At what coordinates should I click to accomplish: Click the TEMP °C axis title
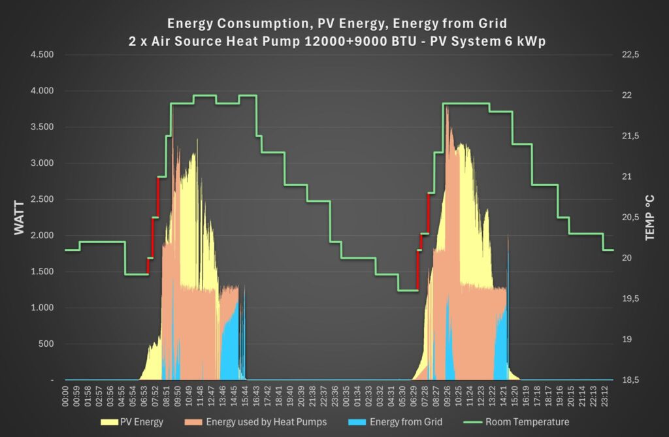tap(649, 218)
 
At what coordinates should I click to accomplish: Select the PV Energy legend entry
tap(140, 422)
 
